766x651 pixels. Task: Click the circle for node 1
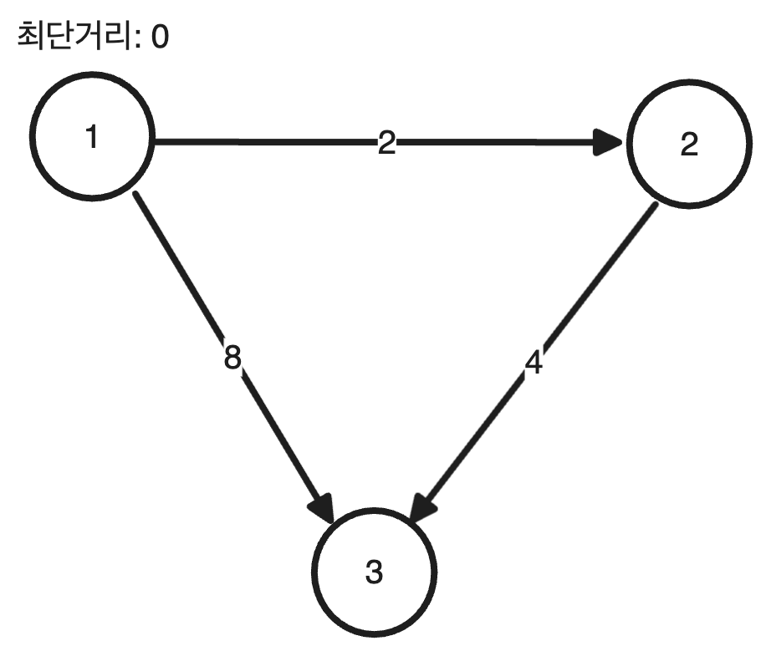click(92, 138)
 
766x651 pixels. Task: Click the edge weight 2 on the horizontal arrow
click(386, 144)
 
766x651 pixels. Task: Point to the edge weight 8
click(233, 358)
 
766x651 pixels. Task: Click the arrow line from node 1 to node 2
click(268, 142)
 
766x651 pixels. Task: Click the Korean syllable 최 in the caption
click(31, 38)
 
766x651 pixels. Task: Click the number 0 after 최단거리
click(159, 38)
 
